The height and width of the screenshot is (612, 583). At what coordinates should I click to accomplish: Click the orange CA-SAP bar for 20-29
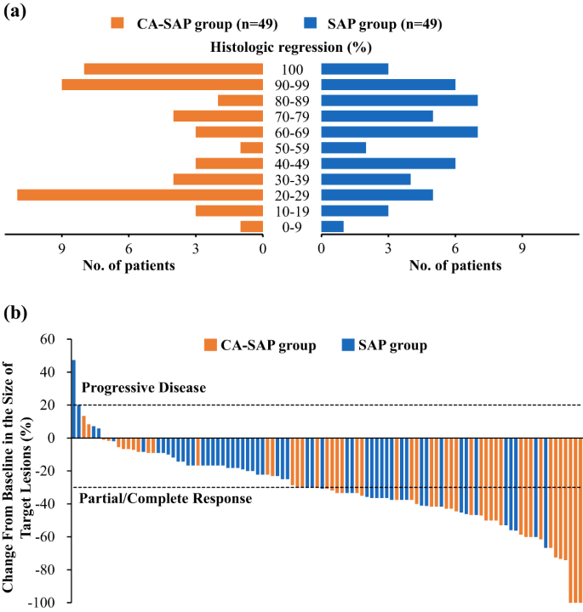140,195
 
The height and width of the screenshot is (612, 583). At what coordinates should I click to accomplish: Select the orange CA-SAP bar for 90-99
163,84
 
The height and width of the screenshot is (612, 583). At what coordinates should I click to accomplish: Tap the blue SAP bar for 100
354,69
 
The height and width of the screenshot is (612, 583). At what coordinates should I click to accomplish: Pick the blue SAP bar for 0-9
332,226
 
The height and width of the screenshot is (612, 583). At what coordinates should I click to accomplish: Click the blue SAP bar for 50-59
343,147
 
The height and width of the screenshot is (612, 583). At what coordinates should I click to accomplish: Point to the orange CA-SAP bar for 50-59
252,147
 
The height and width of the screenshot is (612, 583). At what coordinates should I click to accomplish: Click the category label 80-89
292,100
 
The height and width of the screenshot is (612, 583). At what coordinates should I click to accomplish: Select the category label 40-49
292,163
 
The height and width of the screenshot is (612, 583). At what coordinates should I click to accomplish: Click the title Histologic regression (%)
291,48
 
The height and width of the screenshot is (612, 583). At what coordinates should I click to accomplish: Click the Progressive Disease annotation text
143,388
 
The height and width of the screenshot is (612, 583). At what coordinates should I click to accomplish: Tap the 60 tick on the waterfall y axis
48,339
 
